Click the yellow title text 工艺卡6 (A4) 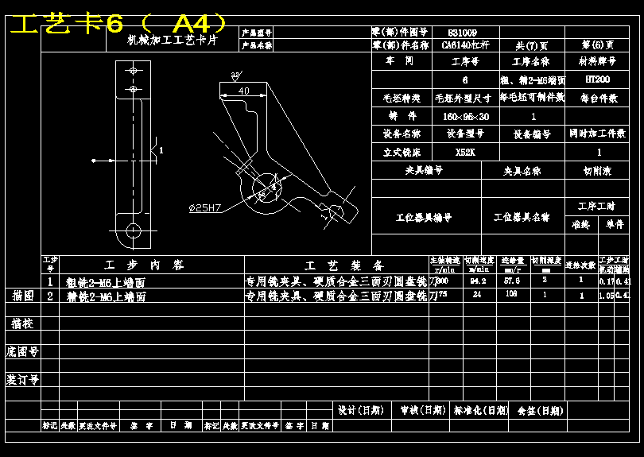tap(118, 23)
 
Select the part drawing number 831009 tap(464, 33)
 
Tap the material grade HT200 tap(597, 79)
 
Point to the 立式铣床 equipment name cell tap(403, 152)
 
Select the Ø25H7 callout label tap(204, 208)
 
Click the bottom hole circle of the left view tap(133, 231)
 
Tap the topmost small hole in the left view tap(133, 70)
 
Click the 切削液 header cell tap(598, 170)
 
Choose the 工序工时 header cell tap(597, 207)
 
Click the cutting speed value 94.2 tap(478, 281)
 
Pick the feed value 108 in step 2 tap(511, 295)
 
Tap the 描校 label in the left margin tap(22, 323)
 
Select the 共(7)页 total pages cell tap(530, 46)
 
